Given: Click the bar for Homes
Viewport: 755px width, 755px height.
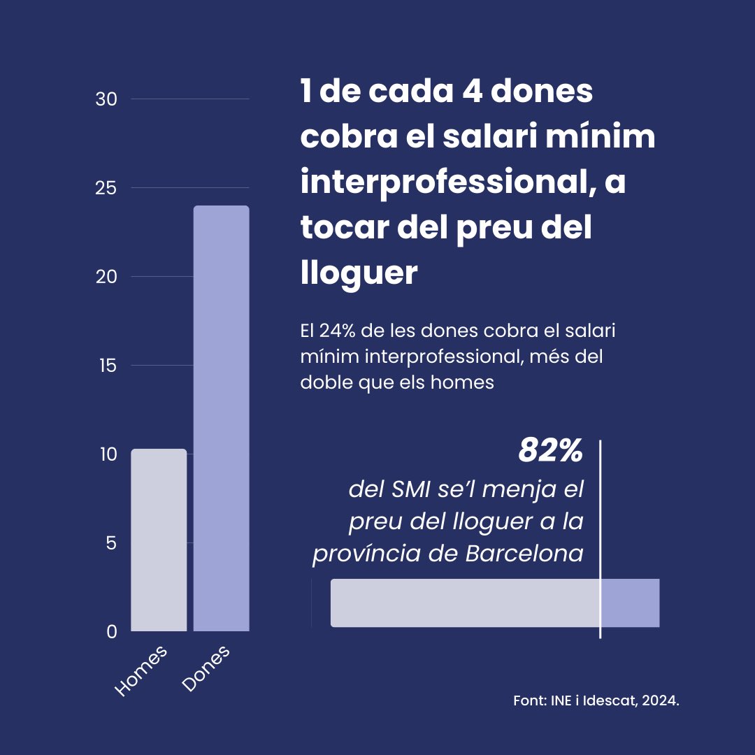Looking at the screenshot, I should pos(159,540).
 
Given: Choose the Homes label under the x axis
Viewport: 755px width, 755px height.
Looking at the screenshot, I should pos(142,670).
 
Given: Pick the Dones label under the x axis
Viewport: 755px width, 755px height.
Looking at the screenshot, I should pos(206,669).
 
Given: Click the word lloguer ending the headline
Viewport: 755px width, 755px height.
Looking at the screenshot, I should pos(359,273).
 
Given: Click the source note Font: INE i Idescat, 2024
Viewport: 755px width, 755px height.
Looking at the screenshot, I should pos(596,701).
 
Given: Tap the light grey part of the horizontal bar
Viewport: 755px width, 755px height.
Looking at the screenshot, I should pos(465,603).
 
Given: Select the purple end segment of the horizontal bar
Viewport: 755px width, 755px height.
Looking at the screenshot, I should pos(630,603).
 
